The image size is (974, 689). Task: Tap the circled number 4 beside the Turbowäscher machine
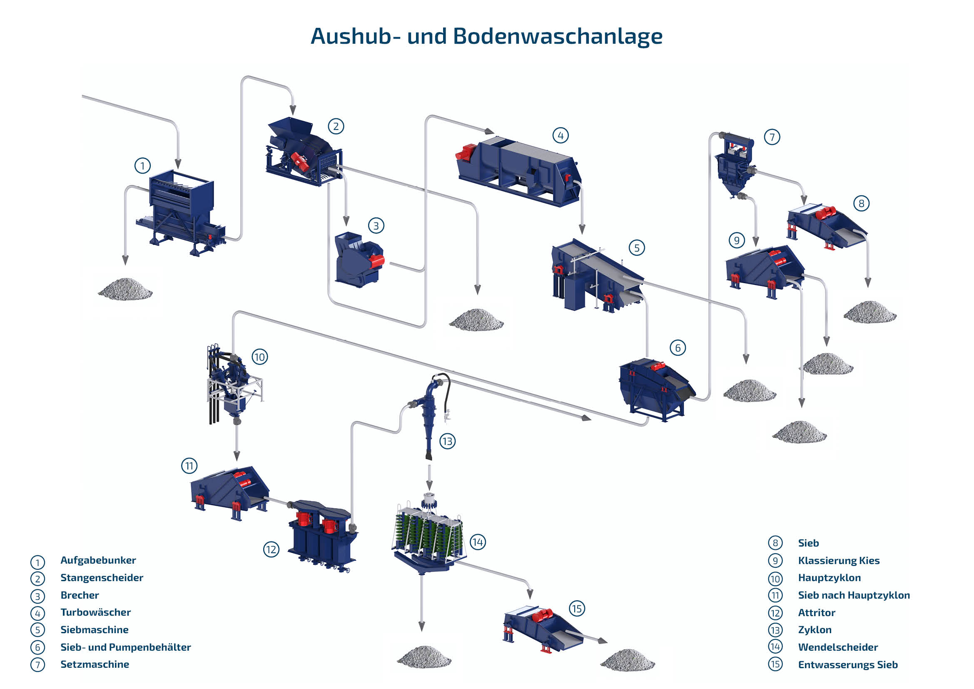(560, 136)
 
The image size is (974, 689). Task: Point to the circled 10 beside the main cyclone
(259, 357)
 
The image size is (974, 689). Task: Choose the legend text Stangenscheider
(102, 577)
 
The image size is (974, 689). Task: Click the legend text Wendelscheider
(838, 647)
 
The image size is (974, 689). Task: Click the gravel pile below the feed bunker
(125, 290)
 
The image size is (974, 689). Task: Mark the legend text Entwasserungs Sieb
(847, 664)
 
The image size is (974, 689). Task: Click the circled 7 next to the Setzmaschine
(772, 137)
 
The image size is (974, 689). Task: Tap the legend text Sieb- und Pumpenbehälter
(126, 647)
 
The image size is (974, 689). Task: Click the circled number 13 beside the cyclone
(447, 441)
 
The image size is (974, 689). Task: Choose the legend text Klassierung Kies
(839, 560)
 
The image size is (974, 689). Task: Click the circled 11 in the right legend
(775, 595)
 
